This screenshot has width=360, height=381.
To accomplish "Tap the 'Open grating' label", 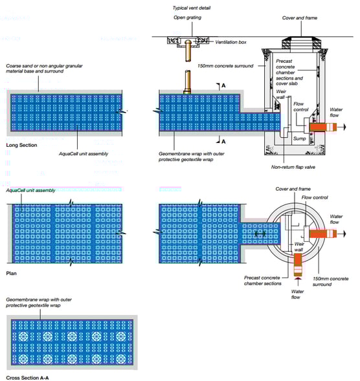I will (x=187, y=18).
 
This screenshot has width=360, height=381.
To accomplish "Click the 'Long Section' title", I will (x=21, y=146).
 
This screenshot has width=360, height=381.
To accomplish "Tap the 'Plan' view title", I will (x=12, y=274).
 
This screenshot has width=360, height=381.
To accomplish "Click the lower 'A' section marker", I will (x=223, y=140).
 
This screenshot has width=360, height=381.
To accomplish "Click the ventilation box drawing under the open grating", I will (x=186, y=41).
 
